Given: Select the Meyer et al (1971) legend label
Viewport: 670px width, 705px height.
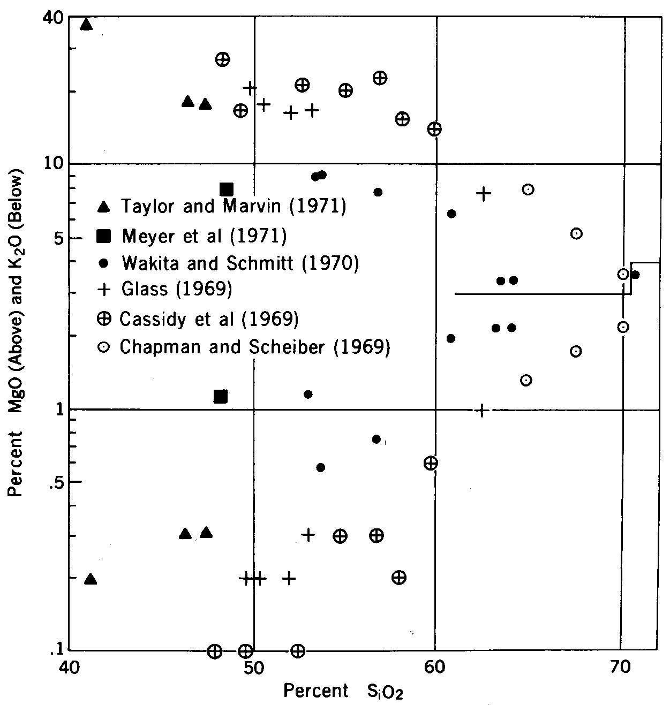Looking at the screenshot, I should (204, 236).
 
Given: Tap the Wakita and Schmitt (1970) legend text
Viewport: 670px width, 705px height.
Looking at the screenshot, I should (240, 263).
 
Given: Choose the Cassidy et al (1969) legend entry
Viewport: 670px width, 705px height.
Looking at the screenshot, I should (208, 319).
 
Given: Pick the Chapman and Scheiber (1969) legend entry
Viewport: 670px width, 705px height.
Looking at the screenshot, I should (255, 347).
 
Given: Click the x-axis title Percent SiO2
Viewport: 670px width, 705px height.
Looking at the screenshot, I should (343, 691).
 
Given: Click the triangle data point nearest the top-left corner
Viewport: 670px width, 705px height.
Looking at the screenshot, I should (86, 25).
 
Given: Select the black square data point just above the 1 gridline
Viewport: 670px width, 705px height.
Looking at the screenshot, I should (220, 397).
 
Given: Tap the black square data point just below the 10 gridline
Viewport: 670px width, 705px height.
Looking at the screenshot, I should (226, 189).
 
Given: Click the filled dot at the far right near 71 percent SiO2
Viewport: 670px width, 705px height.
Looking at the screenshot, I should (635, 275).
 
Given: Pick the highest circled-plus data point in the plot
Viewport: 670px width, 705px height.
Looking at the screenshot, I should (223, 59).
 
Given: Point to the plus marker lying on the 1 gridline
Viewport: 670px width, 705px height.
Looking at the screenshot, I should (481, 410).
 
